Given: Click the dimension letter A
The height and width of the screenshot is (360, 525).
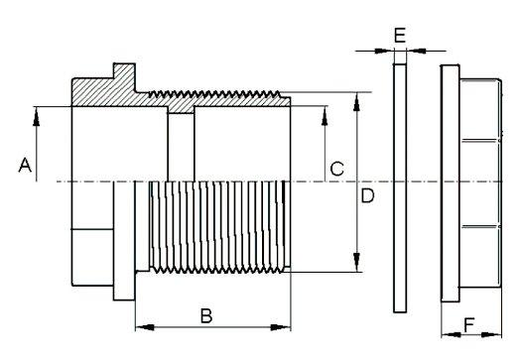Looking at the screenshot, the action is [25, 166].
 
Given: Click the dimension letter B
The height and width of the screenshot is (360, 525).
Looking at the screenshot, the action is [206, 315].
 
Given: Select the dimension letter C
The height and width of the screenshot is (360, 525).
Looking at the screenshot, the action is [336, 169].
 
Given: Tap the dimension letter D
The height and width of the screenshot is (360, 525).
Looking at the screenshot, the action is [367, 195].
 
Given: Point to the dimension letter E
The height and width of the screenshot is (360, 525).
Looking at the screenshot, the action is [400, 36].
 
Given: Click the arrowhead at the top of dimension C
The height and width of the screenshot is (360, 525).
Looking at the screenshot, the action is [325, 116].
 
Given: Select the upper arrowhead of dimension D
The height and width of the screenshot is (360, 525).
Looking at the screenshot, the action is [356, 102].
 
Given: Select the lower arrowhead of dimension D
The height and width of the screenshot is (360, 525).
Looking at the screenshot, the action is [356, 262].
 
